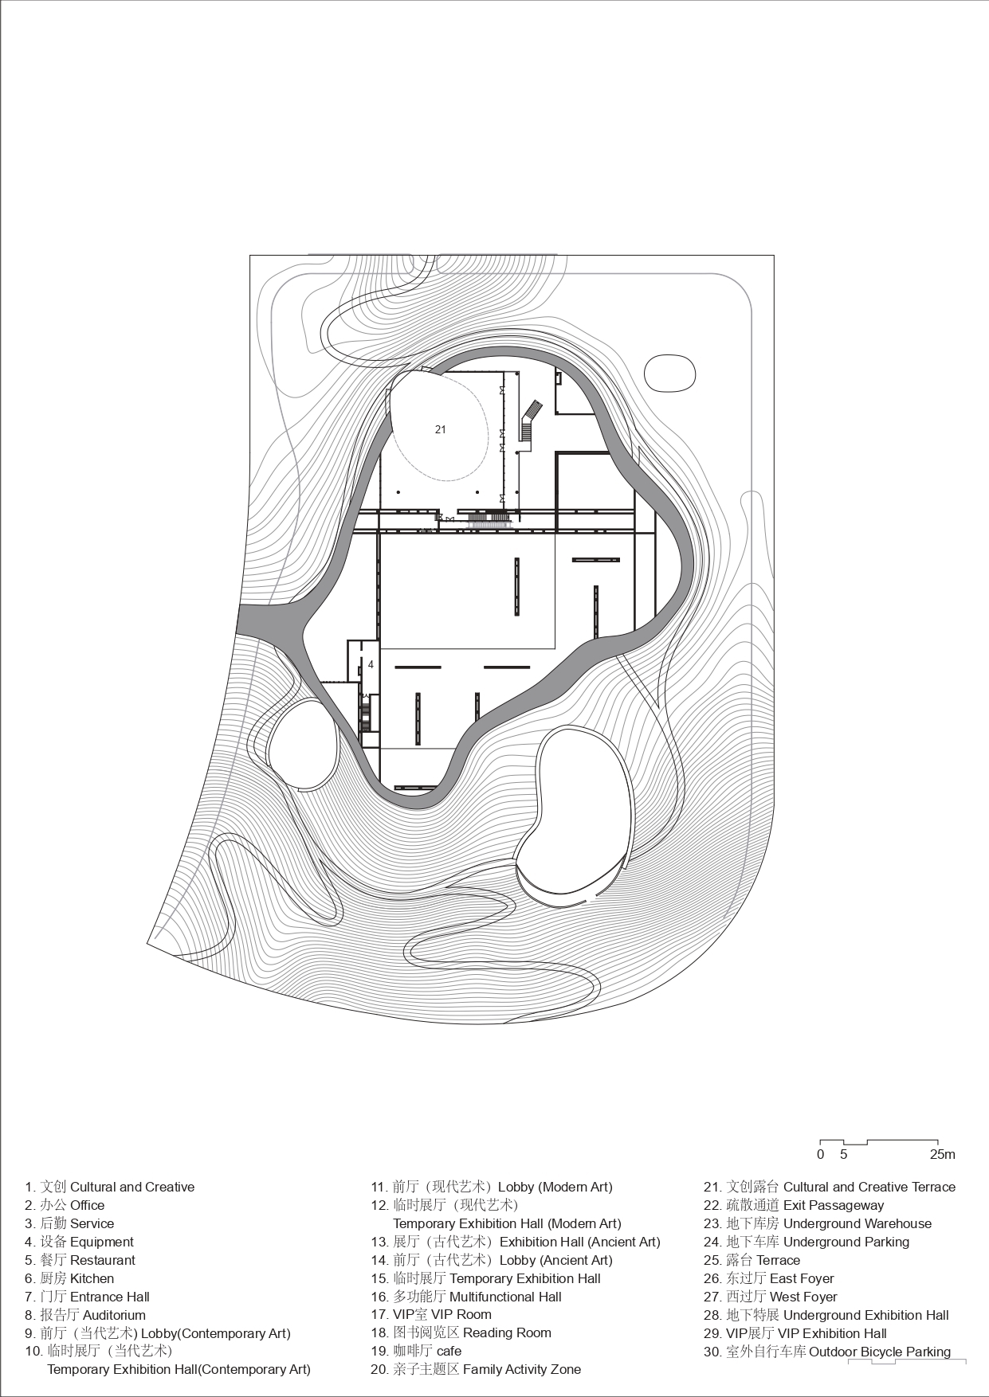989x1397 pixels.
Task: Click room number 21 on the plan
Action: (441, 429)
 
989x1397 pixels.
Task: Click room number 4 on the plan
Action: (371, 664)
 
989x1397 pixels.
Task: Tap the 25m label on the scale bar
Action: (942, 1154)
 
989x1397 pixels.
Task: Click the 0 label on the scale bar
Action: (820, 1154)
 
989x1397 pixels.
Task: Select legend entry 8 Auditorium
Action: (85, 1315)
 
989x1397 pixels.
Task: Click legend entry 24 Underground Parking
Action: (806, 1242)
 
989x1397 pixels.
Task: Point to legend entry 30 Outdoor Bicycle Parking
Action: (826, 1352)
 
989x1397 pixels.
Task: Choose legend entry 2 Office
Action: (65, 1205)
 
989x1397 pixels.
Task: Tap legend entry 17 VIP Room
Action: (431, 1314)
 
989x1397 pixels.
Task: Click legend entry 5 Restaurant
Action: (80, 1260)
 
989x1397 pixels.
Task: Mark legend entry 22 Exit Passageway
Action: (794, 1205)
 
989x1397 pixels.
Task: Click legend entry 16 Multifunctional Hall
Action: (466, 1297)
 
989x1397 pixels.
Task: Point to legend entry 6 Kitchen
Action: (69, 1278)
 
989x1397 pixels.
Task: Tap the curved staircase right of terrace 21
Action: (530, 421)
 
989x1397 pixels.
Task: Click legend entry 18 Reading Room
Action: (461, 1332)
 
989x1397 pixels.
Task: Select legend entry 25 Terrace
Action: (752, 1260)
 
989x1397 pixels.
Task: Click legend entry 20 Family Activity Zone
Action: (476, 1369)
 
